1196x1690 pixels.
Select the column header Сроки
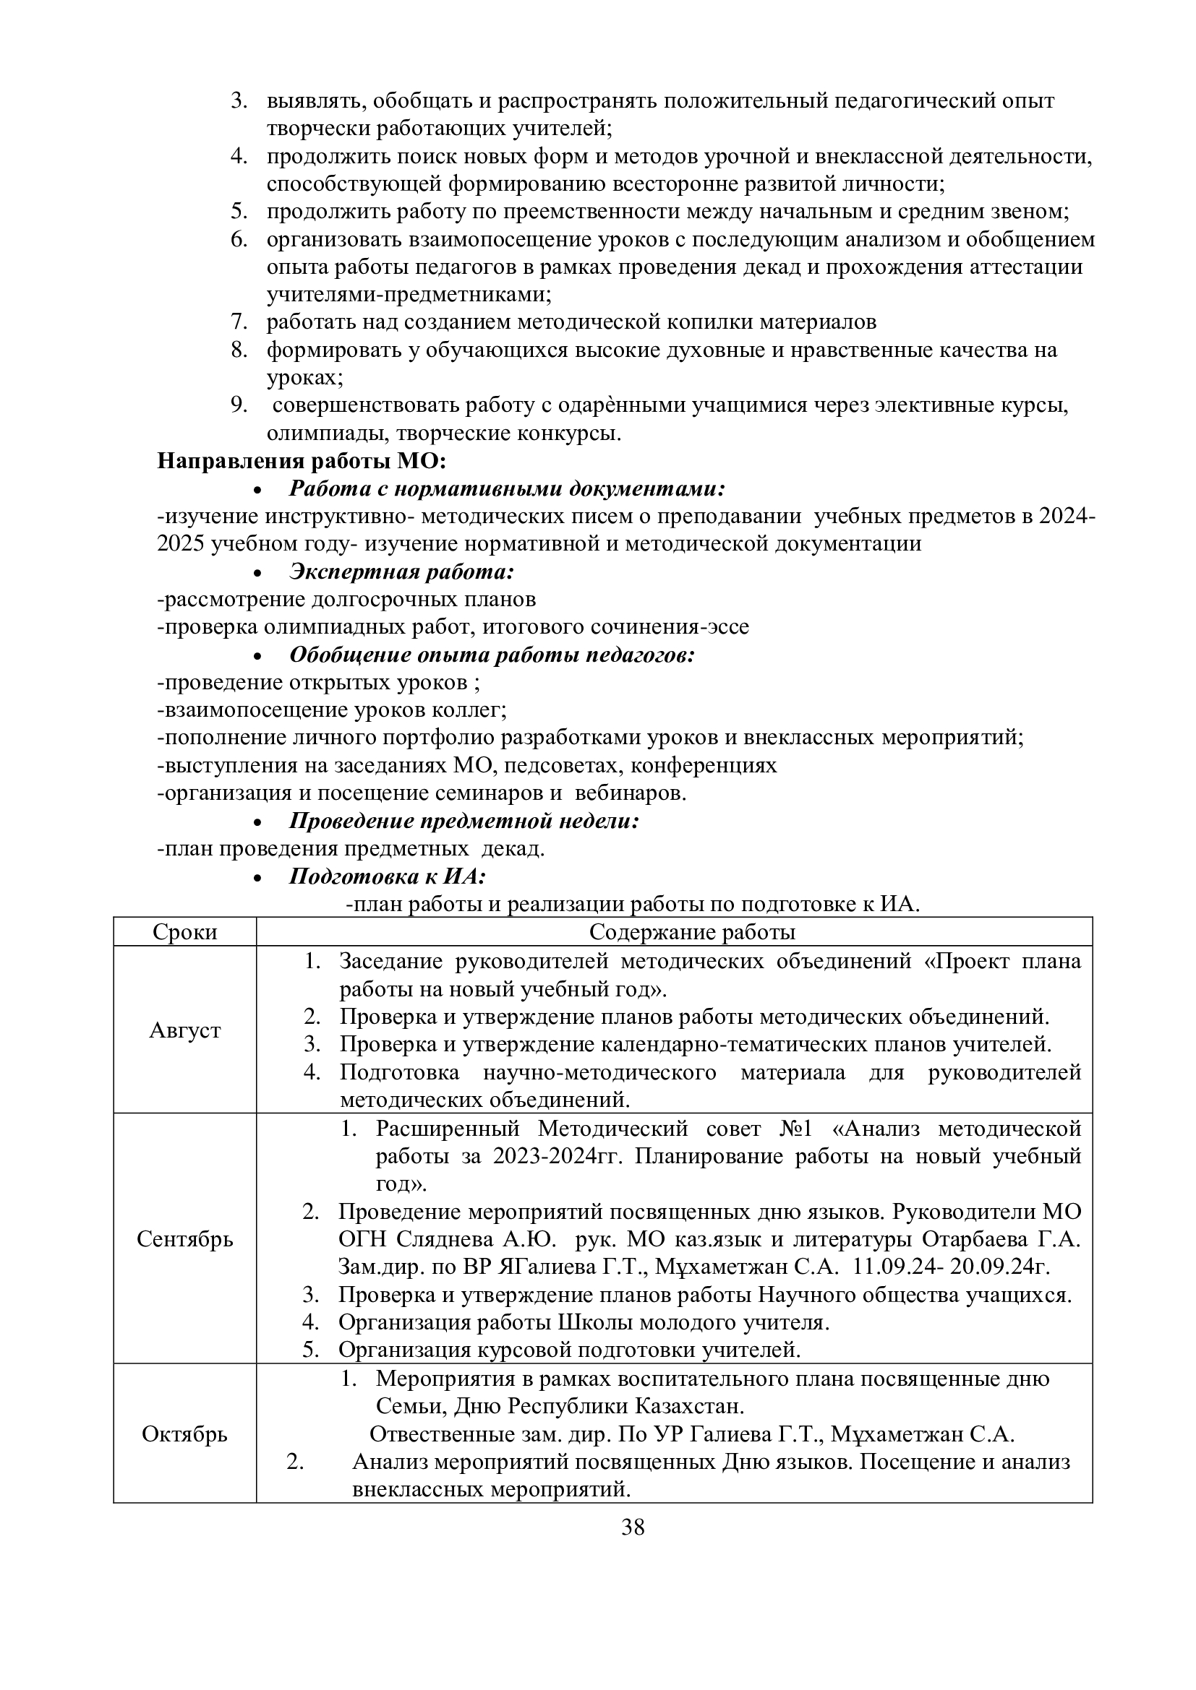point(185,932)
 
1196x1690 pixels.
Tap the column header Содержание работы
point(692,932)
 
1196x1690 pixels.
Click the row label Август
point(185,1030)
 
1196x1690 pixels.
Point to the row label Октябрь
point(185,1434)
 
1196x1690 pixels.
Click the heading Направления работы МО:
point(302,461)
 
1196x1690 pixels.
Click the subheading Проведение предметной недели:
point(464,820)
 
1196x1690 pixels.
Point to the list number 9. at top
point(238,405)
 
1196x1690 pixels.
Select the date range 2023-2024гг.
point(558,1155)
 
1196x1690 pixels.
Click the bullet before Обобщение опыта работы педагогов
point(257,656)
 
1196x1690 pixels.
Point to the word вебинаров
point(631,793)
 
